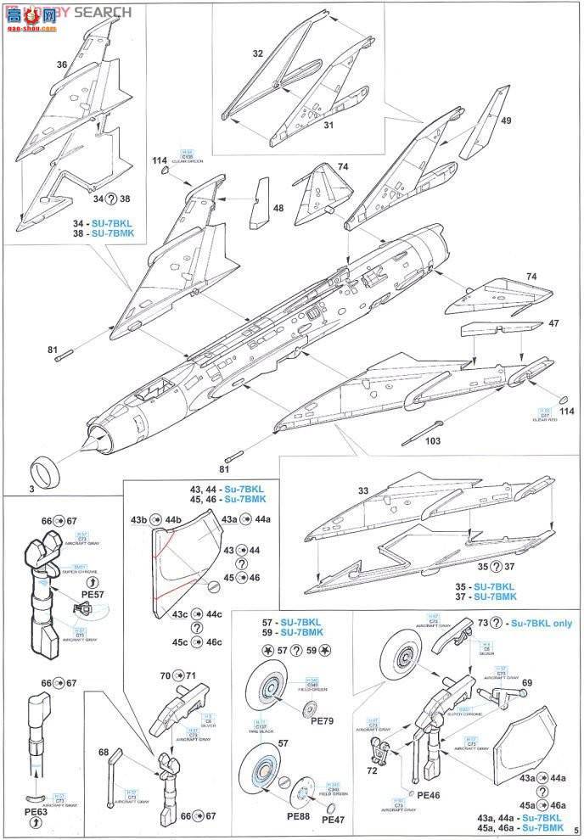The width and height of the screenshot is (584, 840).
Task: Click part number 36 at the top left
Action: point(61,64)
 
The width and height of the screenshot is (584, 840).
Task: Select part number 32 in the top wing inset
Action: point(258,53)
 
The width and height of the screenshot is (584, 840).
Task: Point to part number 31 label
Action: point(328,126)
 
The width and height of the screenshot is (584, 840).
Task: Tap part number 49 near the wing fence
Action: point(506,120)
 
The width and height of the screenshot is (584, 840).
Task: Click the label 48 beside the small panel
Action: point(278,208)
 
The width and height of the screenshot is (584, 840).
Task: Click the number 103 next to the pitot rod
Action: point(435,440)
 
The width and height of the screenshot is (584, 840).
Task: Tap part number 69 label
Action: point(526,682)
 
